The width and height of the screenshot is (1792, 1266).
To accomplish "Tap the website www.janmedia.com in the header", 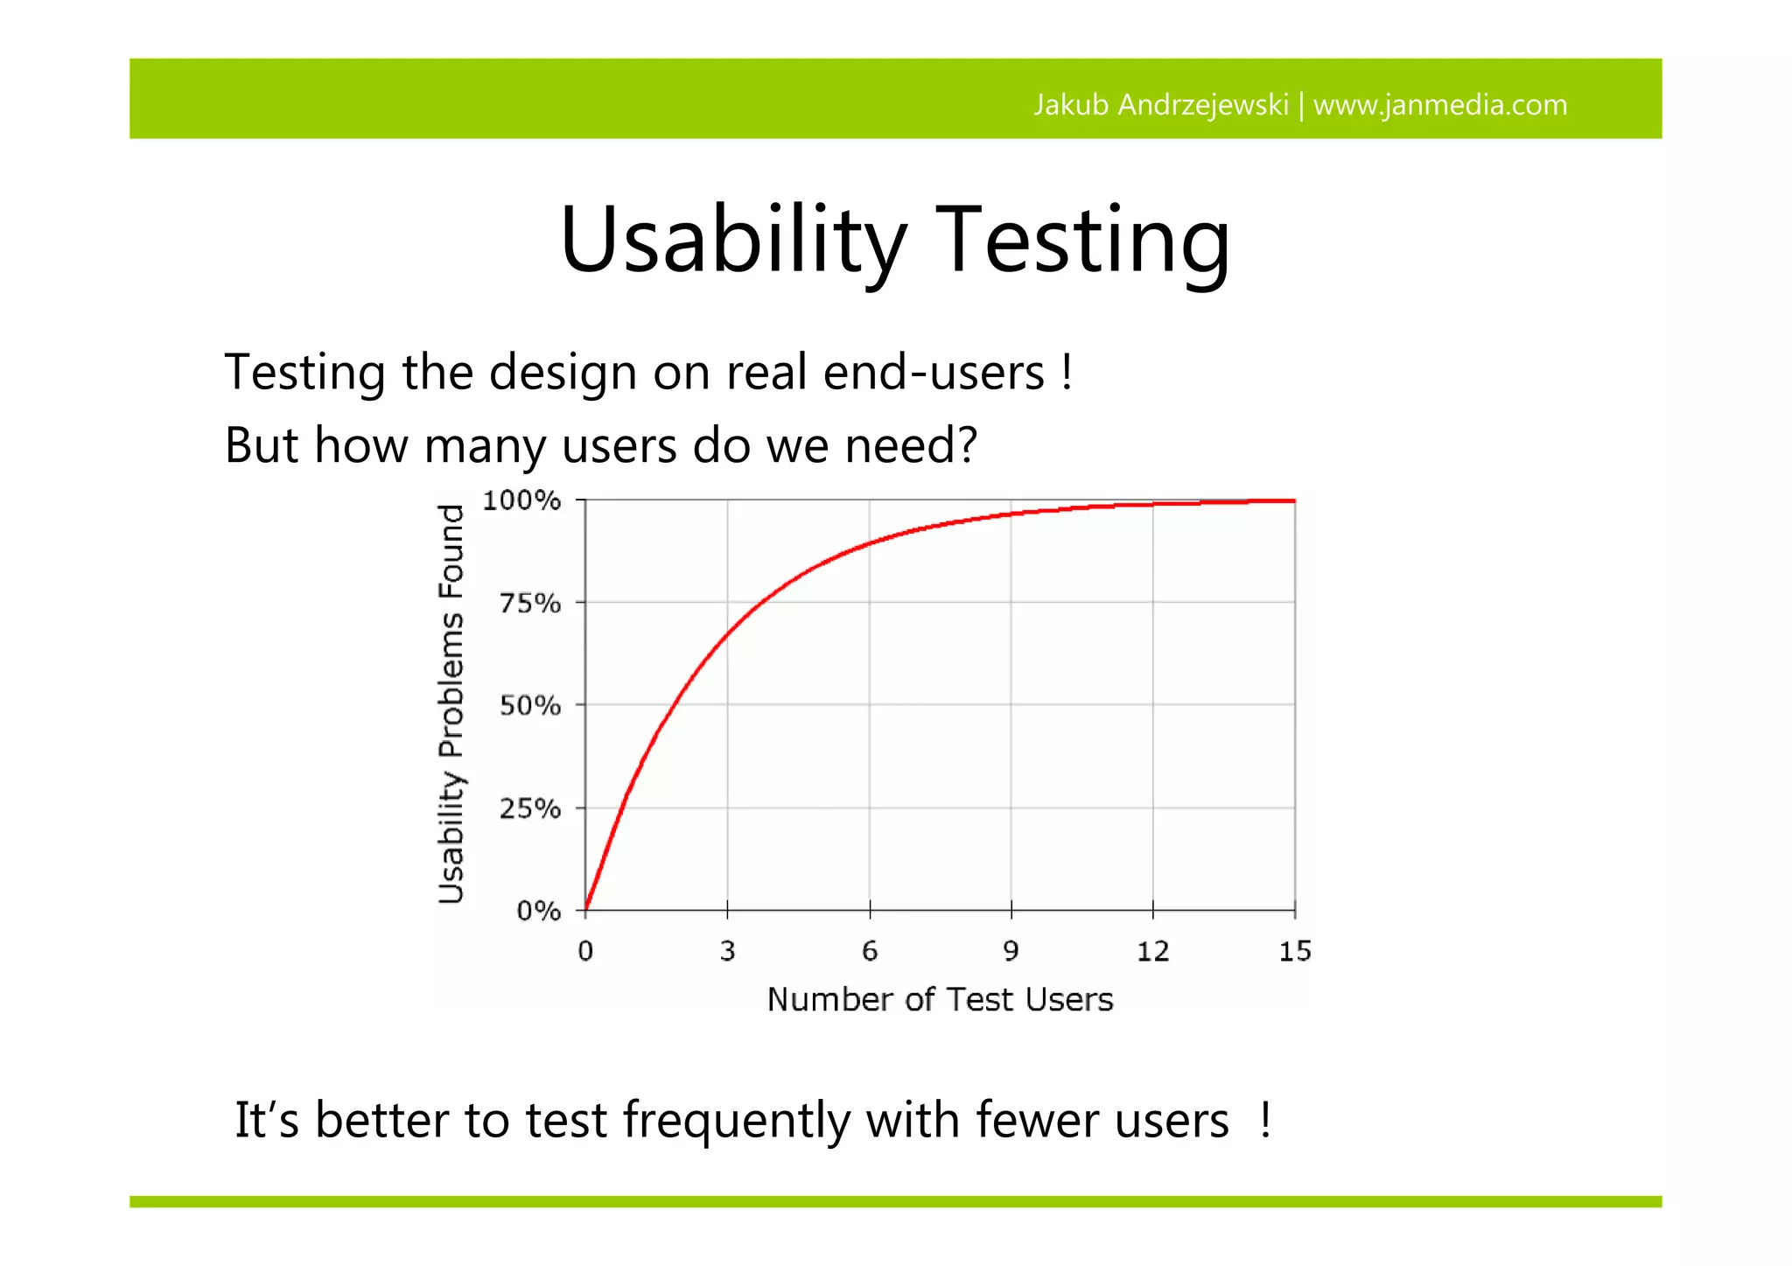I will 1440,105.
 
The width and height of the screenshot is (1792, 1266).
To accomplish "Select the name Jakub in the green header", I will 1072,105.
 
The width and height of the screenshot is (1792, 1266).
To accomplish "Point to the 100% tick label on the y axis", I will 521,500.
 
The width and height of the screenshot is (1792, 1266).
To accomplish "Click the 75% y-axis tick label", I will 529,603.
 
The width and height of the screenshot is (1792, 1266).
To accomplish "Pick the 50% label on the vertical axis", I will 529,705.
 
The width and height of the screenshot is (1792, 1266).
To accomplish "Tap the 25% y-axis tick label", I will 529,808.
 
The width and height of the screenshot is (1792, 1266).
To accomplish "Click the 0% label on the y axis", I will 538,911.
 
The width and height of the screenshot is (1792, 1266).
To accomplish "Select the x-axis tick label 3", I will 727,951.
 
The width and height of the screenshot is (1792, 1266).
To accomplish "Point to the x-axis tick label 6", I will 869,951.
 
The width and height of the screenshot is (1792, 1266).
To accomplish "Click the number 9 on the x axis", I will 1011,951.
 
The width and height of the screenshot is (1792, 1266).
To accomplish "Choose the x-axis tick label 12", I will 1152,951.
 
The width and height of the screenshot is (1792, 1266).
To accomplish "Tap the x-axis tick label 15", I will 1295,951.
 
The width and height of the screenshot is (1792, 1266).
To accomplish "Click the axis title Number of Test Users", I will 940,999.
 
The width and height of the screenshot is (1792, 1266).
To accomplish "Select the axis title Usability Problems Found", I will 451,703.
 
